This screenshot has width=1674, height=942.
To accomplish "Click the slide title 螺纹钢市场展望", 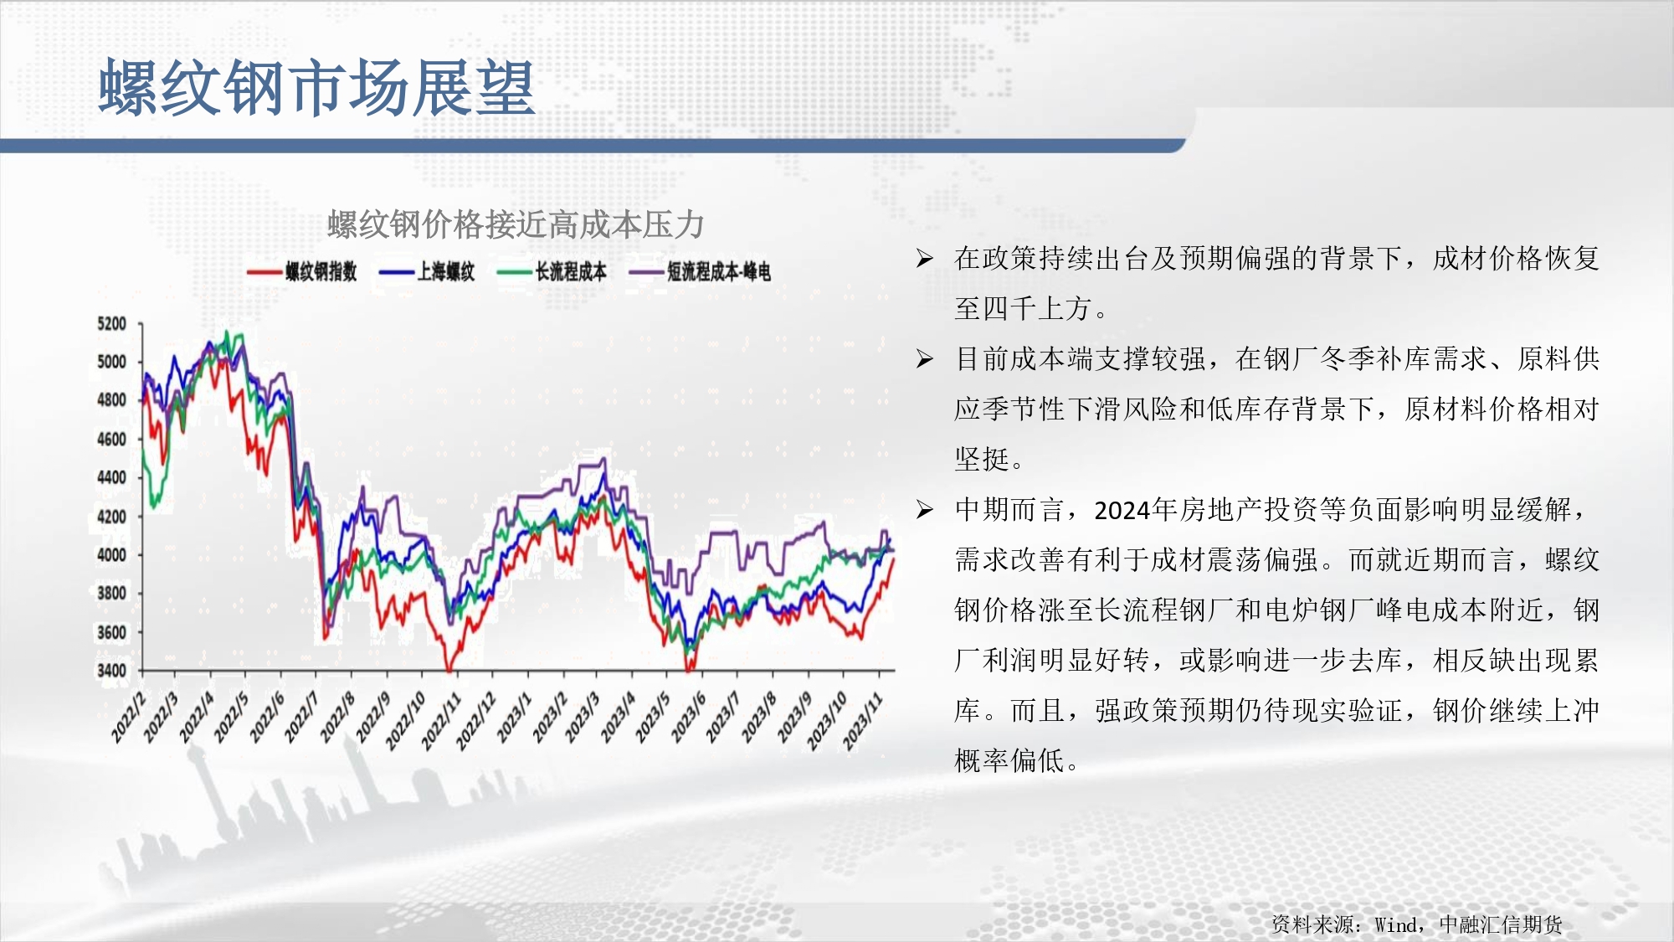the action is click(316, 88).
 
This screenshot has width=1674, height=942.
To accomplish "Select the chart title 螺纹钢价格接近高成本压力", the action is click(516, 224).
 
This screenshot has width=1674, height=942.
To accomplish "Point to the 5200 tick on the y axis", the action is click(111, 324).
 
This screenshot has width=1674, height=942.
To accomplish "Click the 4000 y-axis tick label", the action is click(111, 554).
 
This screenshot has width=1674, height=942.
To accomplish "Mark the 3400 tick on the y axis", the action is click(111, 670).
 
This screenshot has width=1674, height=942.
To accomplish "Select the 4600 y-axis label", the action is click(111, 439).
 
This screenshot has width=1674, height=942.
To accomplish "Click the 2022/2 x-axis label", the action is click(129, 718).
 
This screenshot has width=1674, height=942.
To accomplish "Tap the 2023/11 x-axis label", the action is click(862, 721).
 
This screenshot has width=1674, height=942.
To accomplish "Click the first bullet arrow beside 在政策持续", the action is click(924, 258).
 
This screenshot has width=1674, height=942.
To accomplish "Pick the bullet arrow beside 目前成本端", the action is click(924, 358).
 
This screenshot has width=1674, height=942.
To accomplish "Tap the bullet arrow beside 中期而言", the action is click(924, 509).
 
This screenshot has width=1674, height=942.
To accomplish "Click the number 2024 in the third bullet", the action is click(1122, 510).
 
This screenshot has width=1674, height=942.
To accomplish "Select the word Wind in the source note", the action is click(1396, 924).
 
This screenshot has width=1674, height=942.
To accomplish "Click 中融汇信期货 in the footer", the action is click(1501, 924).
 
